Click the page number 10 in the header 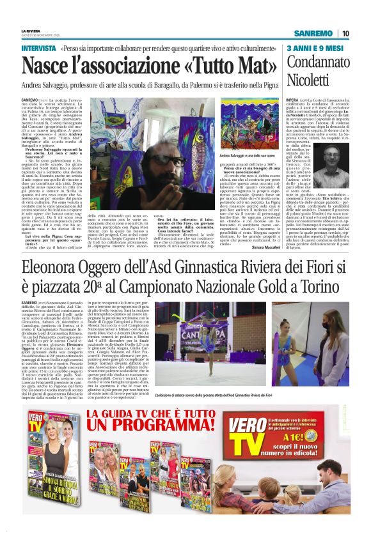pyautogui.click(x=345, y=34)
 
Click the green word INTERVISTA pyautogui.click(x=38, y=49)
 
